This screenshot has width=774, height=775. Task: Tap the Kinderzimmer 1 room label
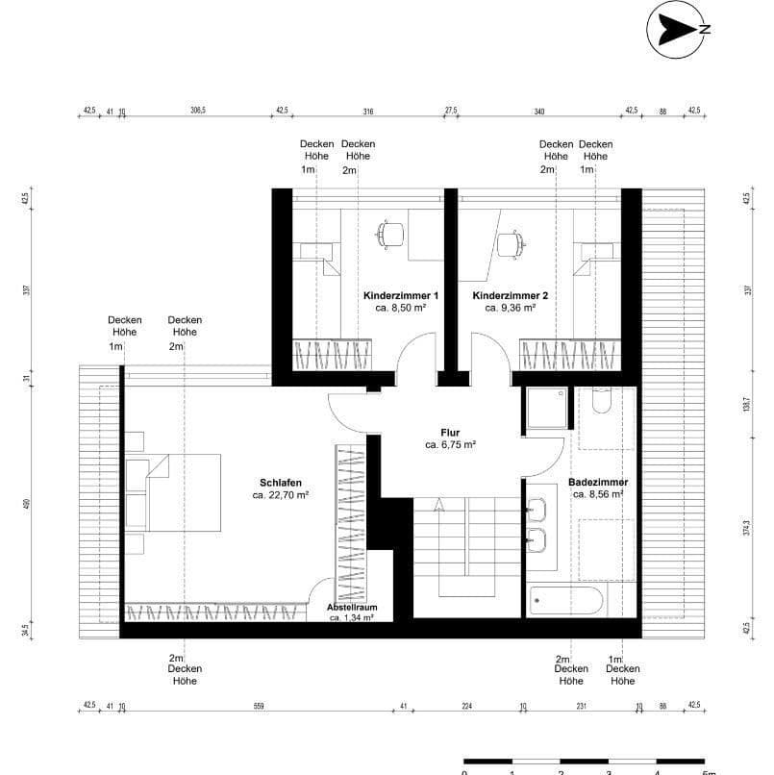pyautogui.click(x=401, y=295)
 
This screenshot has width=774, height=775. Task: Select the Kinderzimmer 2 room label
pyautogui.click(x=510, y=295)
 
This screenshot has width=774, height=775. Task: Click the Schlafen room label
pyautogui.click(x=281, y=483)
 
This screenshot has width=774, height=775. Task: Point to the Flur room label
pyautogui.click(x=451, y=433)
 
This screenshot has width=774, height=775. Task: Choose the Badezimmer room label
pyautogui.click(x=598, y=482)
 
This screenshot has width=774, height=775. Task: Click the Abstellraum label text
pyautogui.click(x=351, y=609)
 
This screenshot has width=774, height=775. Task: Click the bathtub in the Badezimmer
pyautogui.click(x=567, y=603)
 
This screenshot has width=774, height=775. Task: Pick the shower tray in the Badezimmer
pyautogui.click(x=546, y=409)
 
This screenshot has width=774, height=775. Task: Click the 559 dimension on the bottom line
pyautogui.click(x=258, y=707)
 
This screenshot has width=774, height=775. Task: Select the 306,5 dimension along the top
pyautogui.click(x=199, y=111)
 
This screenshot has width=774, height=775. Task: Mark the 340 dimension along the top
pyautogui.click(x=538, y=111)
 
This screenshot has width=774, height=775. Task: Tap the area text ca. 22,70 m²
pyautogui.click(x=281, y=496)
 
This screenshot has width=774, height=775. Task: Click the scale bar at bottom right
pyautogui.click(x=587, y=762)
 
